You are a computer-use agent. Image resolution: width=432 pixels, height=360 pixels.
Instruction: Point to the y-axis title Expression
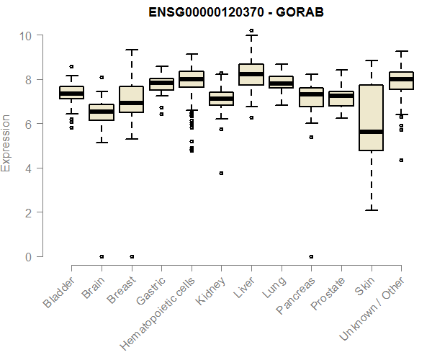tap(6, 143)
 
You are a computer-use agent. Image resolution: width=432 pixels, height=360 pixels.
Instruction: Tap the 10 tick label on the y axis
tap(26, 35)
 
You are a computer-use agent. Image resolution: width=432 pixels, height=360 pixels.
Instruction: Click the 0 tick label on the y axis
tap(29, 256)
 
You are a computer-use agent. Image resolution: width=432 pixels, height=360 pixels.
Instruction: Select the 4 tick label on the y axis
tap(29, 168)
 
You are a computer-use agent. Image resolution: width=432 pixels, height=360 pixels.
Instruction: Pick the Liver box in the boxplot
tap(251, 74)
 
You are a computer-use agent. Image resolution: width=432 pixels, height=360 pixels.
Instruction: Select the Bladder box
tap(71, 92)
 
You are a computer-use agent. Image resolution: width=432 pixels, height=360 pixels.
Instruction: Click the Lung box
tap(281, 82)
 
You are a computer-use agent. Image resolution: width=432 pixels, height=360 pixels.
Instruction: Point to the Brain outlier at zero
tap(102, 256)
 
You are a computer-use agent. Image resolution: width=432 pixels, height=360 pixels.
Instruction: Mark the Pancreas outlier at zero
tap(311, 256)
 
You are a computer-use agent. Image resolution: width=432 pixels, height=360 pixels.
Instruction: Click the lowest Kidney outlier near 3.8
tap(221, 173)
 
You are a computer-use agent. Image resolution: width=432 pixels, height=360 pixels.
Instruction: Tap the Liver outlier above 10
tap(251, 31)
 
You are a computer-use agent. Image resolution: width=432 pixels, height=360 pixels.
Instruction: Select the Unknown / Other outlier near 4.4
tap(400, 160)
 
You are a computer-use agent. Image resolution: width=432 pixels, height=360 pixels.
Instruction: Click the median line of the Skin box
tap(371, 132)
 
